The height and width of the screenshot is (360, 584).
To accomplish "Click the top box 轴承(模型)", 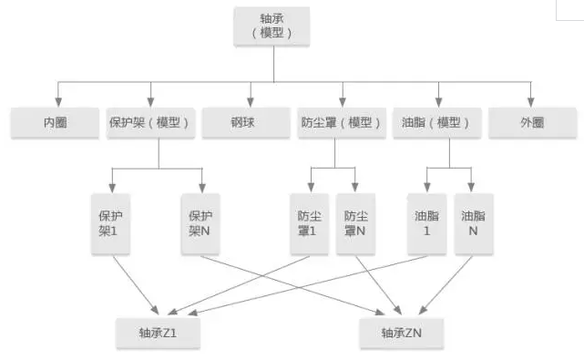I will [x=274, y=26].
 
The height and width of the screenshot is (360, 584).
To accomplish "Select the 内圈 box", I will [x=56, y=122].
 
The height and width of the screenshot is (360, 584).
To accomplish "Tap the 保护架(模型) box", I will [x=151, y=122].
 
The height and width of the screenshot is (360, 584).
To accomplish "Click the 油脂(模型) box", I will [x=438, y=122].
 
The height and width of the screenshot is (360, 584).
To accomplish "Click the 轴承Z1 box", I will [x=158, y=334].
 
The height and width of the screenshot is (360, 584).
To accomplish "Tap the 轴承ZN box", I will [x=401, y=334].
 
